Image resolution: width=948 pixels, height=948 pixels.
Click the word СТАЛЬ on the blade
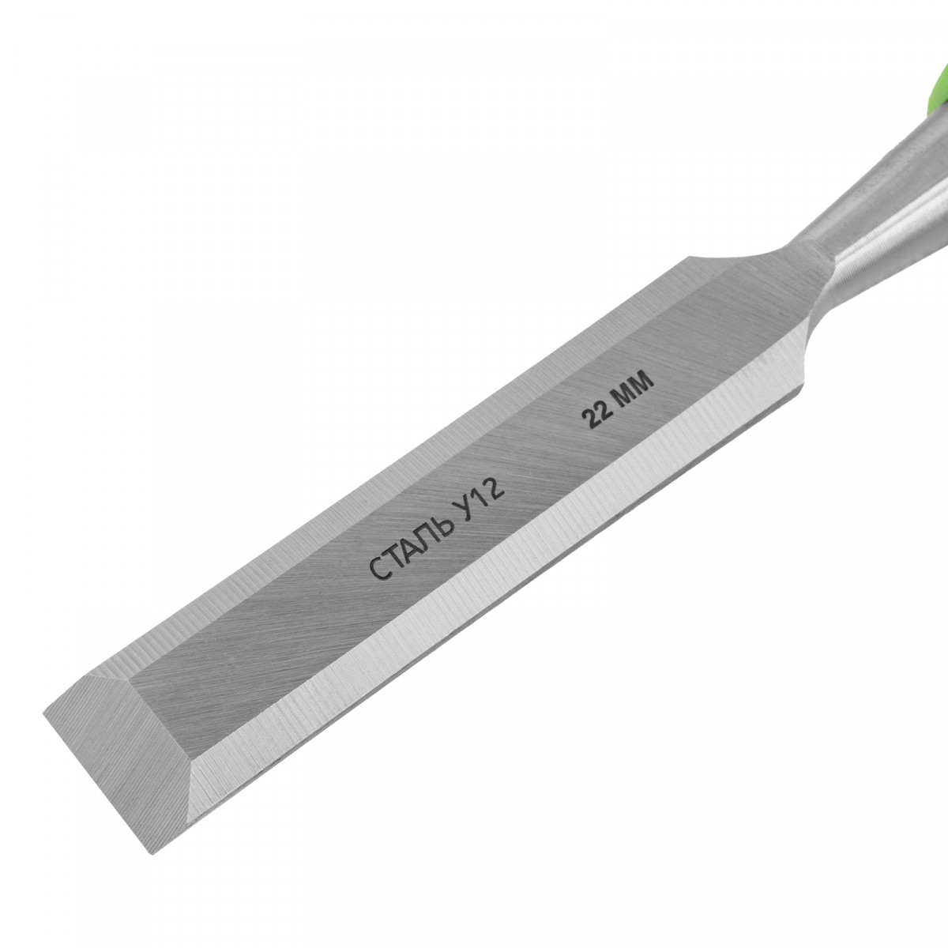pos(412,547)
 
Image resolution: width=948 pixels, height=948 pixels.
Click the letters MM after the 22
pos(634,386)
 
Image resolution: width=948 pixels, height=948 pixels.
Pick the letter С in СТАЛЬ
pos(379,570)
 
